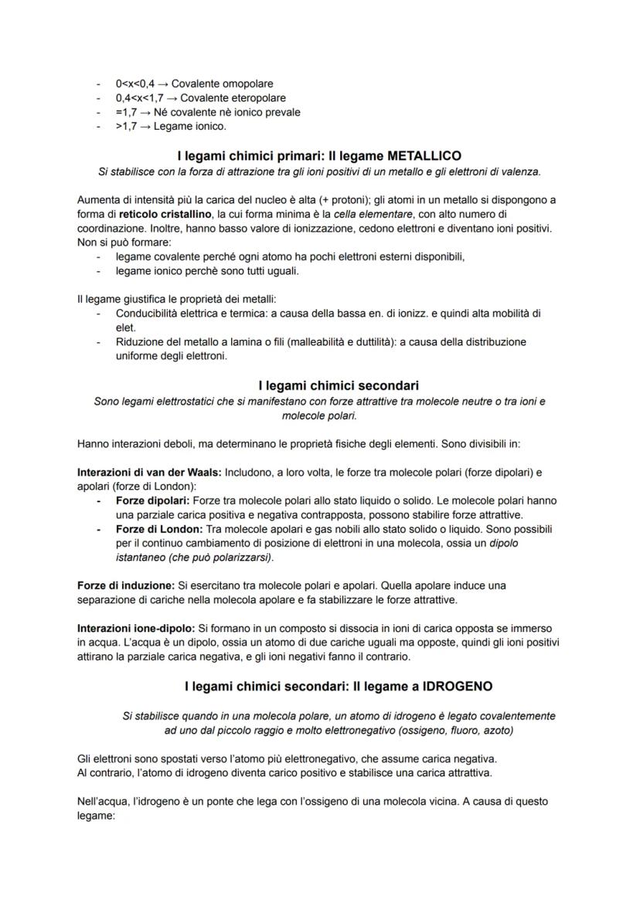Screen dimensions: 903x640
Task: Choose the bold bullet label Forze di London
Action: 158,528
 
